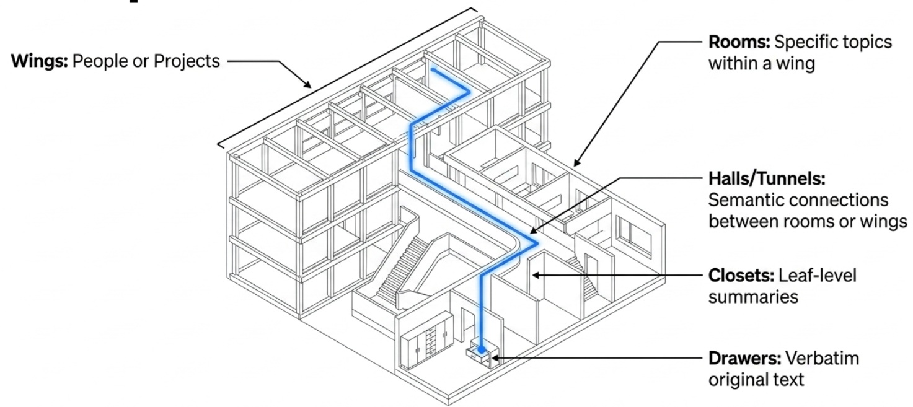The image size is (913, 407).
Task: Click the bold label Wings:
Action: pos(40,61)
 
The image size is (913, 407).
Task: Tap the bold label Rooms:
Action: pos(739,42)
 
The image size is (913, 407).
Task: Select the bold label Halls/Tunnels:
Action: pos(767,179)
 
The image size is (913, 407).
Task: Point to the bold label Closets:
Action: pos(741,276)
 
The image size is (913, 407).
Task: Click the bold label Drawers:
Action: pos(744,359)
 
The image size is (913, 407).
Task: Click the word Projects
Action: pos(187,61)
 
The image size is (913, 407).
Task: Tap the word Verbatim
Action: pos(822,359)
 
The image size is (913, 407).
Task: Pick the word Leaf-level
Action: pos(817,276)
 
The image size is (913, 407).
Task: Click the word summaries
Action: pos(753,297)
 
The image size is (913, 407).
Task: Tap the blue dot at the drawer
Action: pos(482,349)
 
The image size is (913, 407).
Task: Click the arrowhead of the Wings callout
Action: pos(308,85)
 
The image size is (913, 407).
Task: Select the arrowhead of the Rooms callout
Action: pos(576,163)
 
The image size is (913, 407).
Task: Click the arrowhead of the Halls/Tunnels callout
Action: pos(533,231)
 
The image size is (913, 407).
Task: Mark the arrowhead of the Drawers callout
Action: pos(495,358)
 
